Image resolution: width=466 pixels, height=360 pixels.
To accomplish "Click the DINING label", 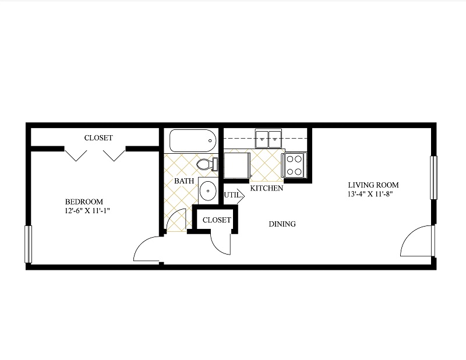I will pos(282,224).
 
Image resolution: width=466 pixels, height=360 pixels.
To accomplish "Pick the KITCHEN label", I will pos(267,189).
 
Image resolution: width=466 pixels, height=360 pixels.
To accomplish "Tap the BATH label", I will pos(184,181).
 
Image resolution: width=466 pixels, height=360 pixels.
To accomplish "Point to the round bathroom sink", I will pos(207,190).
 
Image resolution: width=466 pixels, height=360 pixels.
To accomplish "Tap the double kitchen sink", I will pos(268,139).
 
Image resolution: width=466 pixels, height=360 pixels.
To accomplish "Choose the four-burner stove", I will pos(295,164).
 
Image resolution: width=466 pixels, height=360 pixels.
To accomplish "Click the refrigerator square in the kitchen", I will pos(236,165).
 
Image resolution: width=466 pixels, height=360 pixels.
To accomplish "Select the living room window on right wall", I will pos(433,178).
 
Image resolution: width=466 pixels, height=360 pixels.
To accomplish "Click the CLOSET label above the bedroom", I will pos(98,138).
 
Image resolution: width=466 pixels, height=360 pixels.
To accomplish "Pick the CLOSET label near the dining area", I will pos(217,220).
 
